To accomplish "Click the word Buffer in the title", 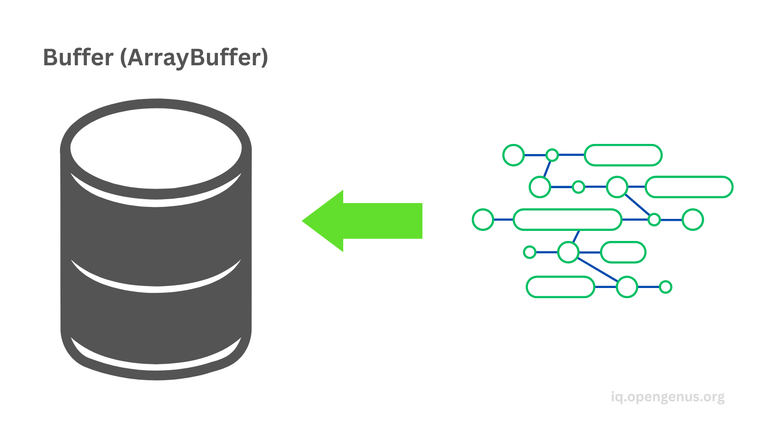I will point(78,57).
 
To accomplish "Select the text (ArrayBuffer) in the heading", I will point(194,58).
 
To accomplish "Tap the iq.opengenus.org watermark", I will point(668,397).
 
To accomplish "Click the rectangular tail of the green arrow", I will point(384,221).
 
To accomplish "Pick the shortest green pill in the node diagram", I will point(623,252).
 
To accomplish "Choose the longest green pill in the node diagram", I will point(567,219).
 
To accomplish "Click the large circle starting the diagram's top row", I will point(514,155).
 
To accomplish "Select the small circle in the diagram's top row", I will point(552,155).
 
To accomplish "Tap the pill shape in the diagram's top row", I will point(623,155).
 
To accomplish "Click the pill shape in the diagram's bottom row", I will point(560,287).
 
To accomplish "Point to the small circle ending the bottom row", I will point(665,287).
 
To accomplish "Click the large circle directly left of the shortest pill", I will point(568,252).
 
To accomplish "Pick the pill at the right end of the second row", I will point(689,187).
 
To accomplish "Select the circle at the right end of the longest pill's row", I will point(693,219).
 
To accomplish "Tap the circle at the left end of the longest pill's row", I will point(483,219).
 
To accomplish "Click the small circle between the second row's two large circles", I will point(578,187).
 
